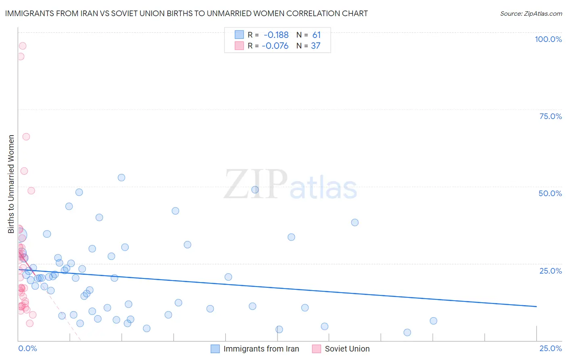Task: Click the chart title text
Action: [x=186, y=13]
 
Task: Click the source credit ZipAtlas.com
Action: [x=531, y=13]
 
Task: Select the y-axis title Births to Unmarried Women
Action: [x=11, y=184]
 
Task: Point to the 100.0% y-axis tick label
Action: [x=548, y=39]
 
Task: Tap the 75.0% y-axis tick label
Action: [x=550, y=116]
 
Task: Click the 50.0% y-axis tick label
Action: [x=550, y=193]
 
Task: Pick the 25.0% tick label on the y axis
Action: [x=550, y=271]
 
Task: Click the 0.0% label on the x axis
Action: [x=27, y=348]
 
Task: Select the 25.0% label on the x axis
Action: [x=550, y=348]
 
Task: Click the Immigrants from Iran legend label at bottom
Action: [x=261, y=349]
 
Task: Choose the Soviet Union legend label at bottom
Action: [x=347, y=349]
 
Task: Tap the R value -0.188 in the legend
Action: [x=276, y=35]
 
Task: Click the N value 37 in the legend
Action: [x=315, y=46]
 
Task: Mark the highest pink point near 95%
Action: [x=23, y=46]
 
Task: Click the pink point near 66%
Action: [x=26, y=137]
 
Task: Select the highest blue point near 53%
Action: [x=121, y=178]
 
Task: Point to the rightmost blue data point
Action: [x=434, y=321]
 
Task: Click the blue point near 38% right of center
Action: [x=355, y=222]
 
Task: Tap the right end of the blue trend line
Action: [x=536, y=307]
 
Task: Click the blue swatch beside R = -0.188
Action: [x=239, y=35]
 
